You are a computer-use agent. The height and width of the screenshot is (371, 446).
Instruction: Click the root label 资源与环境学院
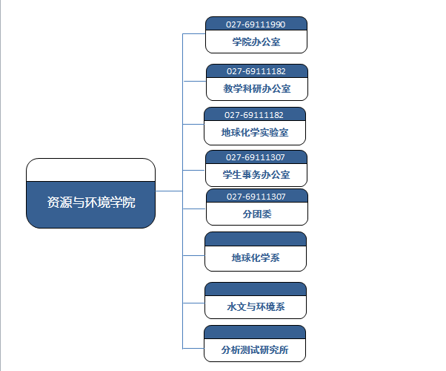click(91, 203)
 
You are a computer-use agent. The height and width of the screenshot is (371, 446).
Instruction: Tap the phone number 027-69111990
click(256, 24)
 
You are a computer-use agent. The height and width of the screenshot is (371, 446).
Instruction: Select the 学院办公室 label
click(256, 42)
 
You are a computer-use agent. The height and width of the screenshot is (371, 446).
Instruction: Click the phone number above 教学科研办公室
click(256, 71)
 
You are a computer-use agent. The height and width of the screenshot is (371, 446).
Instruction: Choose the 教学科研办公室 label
click(257, 88)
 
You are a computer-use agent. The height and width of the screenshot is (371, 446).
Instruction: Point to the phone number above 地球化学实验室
click(254, 115)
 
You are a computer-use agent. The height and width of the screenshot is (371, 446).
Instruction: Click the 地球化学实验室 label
click(255, 133)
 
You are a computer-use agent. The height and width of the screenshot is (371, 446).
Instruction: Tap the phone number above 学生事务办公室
click(256, 157)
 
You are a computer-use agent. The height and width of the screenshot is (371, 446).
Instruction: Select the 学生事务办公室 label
click(256, 174)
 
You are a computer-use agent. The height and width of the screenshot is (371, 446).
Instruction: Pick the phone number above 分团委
click(256, 197)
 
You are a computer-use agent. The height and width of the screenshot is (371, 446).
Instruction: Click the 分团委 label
click(257, 214)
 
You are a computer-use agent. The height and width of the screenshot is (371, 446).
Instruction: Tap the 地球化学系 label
click(256, 258)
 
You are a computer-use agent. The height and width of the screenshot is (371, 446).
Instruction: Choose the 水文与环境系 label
click(256, 306)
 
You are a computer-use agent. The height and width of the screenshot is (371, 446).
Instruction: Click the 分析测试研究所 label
click(255, 349)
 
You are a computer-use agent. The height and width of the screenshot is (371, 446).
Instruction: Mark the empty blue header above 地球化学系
click(256, 239)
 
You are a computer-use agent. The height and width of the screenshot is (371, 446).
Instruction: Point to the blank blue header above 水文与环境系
click(256, 289)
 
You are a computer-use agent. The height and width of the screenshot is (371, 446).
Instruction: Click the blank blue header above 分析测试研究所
click(255, 332)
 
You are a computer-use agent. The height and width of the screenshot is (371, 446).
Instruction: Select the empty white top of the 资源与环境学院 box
click(90, 170)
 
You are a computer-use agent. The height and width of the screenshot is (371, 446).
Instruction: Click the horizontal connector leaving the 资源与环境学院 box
click(169, 191)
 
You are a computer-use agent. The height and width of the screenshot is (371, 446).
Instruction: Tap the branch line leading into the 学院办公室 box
click(194, 34)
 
